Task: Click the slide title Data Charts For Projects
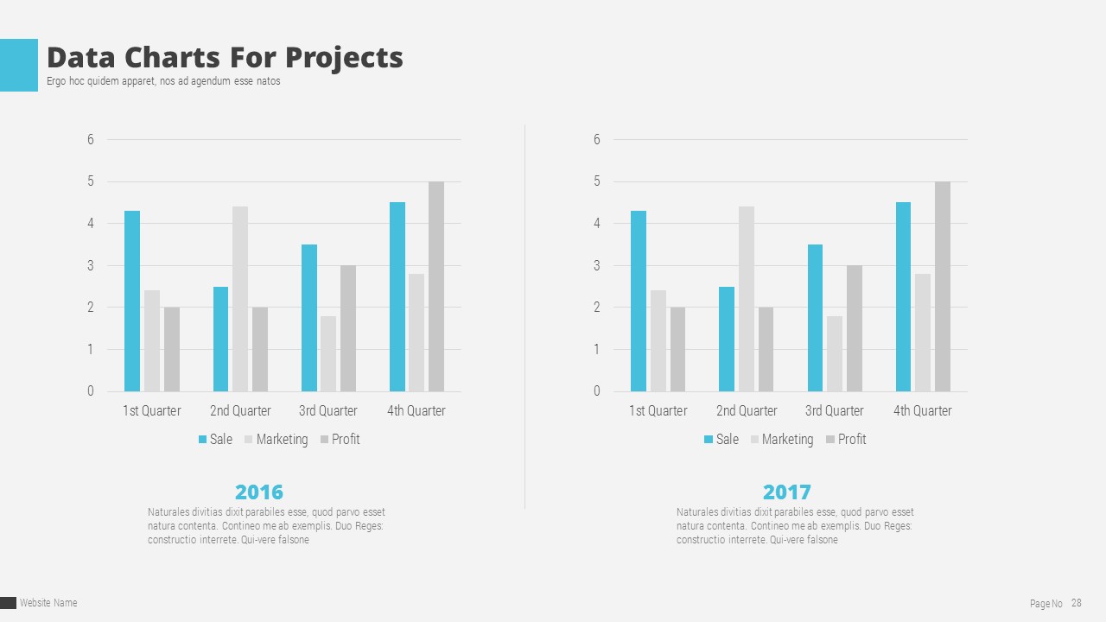pyautogui.click(x=225, y=57)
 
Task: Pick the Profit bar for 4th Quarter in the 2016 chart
pyautogui.click(x=436, y=286)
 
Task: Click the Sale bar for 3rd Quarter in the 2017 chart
pyautogui.click(x=815, y=318)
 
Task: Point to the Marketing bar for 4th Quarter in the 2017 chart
pyautogui.click(x=923, y=333)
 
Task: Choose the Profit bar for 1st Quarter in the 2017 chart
pyautogui.click(x=677, y=349)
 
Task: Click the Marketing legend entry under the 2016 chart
pyautogui.click(x=276, y=439)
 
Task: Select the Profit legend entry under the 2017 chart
pyautogui.click(x=846, y=439)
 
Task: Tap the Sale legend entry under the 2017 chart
pyautogui.click(x=721, y=439)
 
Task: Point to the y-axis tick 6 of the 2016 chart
pyautogui.click(x=90, y=139)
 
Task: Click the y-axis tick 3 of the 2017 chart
pyautogui.click(x=596, y=265)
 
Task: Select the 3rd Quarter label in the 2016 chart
pyautogui.click(x=328, y=410)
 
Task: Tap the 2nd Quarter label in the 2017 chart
pyautogui.click(x=747, y=410)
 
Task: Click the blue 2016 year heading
pyautogui.click(x=259, y=492)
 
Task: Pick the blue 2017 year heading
pyautogui.click(x=787, y=492)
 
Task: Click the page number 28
pyautogui.click(x=1076, y=603)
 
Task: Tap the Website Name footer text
pyautogui.click(x=48, y=603)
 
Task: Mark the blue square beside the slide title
pyautogui.click(x=19, y=65)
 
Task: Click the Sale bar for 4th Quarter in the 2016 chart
pyautogui.click(x=397, y=296)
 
